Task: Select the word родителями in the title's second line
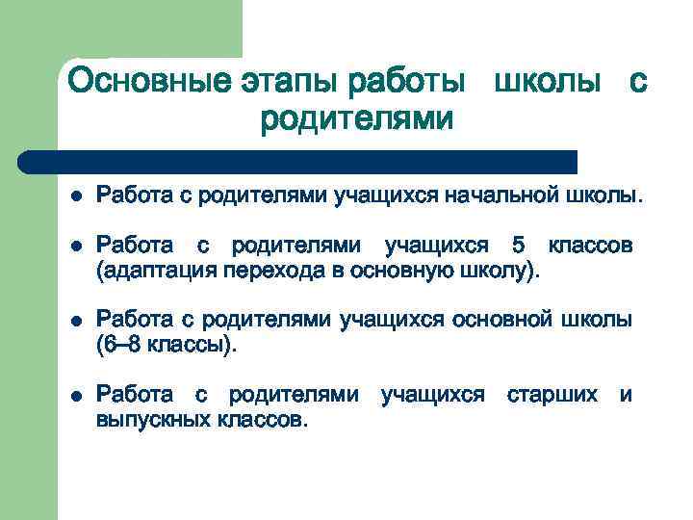[356, 119]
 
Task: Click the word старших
[552, 395]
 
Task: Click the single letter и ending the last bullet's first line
[626, 395]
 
